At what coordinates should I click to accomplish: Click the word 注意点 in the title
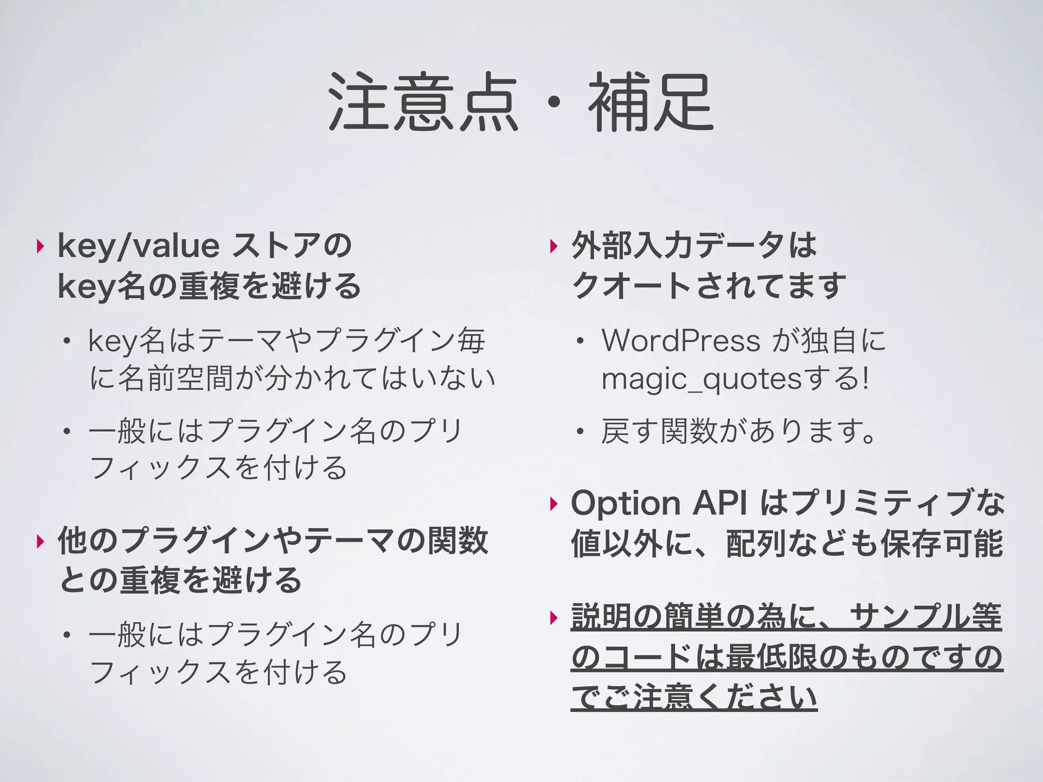(x=423, y=102)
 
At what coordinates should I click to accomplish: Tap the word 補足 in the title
(x=651, y=102)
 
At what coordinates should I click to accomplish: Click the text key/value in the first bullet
(x=138, y=246)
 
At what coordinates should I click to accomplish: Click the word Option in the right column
(x=625, y=504)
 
